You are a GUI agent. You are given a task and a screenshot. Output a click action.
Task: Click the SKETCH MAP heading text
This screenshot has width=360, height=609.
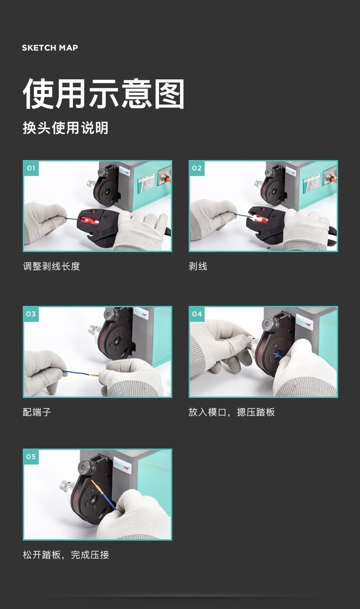click(50, 48)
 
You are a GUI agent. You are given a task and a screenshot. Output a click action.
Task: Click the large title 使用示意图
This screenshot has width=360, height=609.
click(104, 94)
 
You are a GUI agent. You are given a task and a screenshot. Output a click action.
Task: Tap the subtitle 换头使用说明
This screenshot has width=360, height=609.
click(66, 128)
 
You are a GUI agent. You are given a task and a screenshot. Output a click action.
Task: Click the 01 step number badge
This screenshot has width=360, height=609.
click(31, 168)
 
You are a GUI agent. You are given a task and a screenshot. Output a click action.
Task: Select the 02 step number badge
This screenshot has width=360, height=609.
click(197, 168)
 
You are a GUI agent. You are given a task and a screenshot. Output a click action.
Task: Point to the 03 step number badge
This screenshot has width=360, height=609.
click(31, 314)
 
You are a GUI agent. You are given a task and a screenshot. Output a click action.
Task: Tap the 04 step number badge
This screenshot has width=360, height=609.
click(197, 314)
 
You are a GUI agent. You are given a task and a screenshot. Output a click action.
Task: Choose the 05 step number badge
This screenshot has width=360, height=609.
click(31, 457)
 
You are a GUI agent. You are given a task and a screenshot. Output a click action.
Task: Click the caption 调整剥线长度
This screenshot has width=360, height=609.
click(51, 267)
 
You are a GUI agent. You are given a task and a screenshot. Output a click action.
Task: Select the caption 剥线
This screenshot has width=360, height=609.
click(198, 267)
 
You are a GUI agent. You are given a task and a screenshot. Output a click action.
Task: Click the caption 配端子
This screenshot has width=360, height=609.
click(37, 413)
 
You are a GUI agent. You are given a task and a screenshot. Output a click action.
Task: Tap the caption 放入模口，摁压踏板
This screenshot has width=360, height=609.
click(231, 413)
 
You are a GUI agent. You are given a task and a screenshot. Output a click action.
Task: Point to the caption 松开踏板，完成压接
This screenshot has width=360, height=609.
click(66, 555)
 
